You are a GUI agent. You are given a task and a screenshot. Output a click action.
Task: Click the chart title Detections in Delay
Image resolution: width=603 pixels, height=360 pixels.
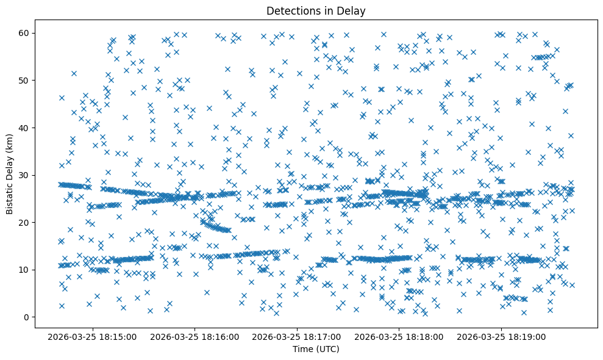click(x=316, y=10)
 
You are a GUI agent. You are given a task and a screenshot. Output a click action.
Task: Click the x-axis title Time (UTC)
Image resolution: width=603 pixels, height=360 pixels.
click(x=316, y=349)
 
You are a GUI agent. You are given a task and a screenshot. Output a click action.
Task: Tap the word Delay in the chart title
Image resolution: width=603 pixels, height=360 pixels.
click(x=353, y=10)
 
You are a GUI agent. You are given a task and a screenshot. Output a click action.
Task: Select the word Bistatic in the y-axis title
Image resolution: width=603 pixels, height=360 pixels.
click(x=10, y=195)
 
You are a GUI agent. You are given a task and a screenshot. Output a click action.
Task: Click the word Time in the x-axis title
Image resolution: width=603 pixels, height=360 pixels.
click(x=303, y=349)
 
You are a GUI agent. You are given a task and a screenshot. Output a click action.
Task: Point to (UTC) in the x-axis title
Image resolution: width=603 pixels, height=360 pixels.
click(x=327, y=349)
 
